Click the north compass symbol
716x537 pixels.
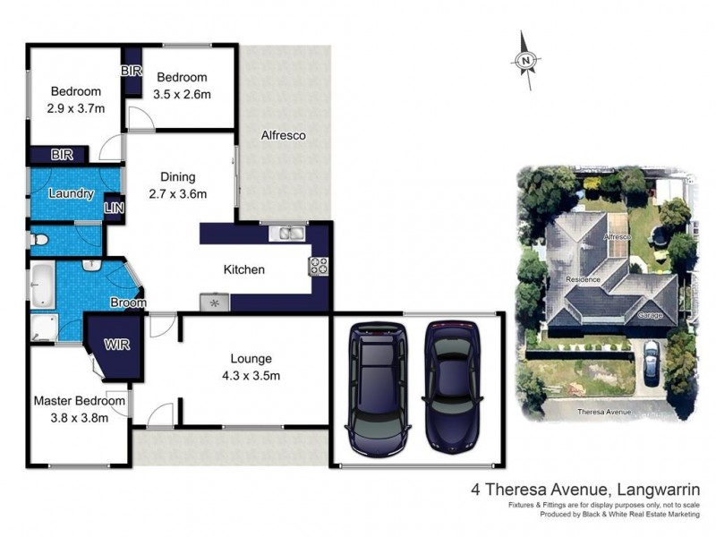[527, 60]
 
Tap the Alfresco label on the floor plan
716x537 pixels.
[283, 136]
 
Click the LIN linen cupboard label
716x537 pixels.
[114, 208]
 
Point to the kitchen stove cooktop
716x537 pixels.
[319, 266]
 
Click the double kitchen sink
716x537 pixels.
[290, 234]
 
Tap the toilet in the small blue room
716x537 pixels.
[38, 240]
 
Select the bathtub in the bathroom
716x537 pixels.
[42, 285]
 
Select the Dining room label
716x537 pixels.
[177, 177]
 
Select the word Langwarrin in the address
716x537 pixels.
[659, 490]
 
